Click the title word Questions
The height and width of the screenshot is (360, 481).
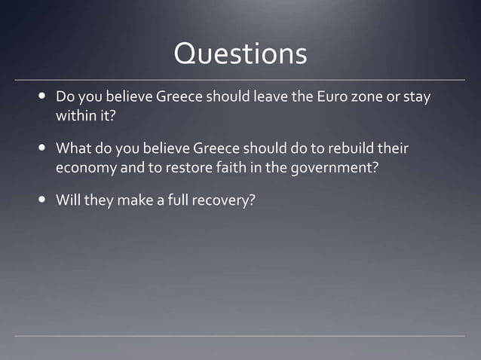[x=240, y=53]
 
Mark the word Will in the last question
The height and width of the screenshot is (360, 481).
[x=68, y=202]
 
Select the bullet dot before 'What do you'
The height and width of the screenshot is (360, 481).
[x=41, y=148]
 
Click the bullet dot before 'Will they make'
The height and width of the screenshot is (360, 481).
[x=41, y=202]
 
